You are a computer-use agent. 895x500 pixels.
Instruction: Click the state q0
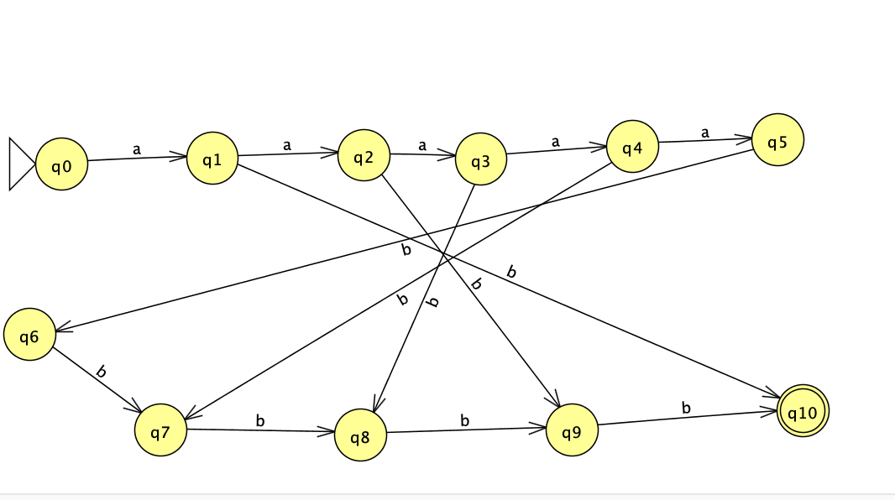click(62, 165)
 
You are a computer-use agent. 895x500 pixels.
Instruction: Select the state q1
click(212, 158)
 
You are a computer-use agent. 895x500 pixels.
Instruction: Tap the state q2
click(364, 156)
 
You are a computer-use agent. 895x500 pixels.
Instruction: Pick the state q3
click(481, 161)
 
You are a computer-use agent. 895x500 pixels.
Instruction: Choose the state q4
click(632, 148)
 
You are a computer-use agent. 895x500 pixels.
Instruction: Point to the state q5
click(778, 140)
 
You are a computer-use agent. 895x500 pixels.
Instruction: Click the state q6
click(29, 336)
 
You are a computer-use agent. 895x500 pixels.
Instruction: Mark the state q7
click(160, 431)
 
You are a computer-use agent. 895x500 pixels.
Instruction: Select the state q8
click(360, 435)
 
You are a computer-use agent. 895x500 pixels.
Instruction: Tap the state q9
click(572, 431)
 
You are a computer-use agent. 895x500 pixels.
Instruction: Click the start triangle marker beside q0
click(21, 164)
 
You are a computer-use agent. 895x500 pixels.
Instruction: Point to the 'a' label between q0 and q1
click(136, 149)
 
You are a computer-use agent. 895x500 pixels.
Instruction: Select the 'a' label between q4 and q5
click(704, 133)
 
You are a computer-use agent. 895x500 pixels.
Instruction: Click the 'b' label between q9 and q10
click(686, 408)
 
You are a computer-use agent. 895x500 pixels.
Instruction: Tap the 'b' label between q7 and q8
click(259, 420)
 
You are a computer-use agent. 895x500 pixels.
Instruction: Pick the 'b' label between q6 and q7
click(101, 371)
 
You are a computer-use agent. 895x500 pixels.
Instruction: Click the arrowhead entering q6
click(62, 330)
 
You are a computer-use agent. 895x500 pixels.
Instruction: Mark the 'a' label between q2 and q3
click(422, 145)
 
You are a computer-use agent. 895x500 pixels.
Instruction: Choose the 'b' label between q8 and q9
click(464, 420)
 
